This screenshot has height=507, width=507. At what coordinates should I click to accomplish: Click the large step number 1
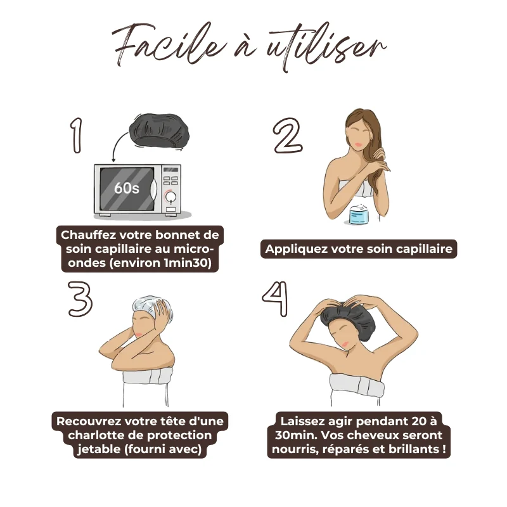[x=77, y=135]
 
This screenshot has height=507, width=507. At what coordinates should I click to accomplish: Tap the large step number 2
[x=288, y=135]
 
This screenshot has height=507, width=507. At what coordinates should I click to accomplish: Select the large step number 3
[x=80, y=298]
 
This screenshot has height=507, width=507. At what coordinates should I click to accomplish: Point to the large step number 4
[x=275, y=298]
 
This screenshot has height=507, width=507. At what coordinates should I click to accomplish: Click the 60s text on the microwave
[x=126, y=188]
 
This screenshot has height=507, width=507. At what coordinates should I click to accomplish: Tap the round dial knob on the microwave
[x=170, y=196]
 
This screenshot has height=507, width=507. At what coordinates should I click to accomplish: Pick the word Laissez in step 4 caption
[x=302, y=421]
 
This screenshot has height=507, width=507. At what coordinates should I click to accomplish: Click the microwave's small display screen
[x=170, y=170]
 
